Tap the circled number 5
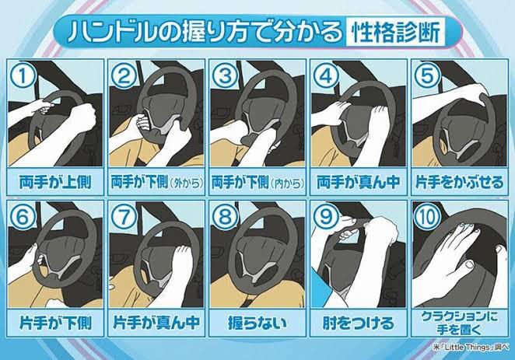tap(427, 75)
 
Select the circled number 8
tap(225, 217)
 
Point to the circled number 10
tap(427, 217)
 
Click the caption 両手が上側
tap(55, 183)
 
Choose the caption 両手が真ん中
tap(359, 183)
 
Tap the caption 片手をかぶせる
tap(460, 183)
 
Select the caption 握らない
tap(257, 323)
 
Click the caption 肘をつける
tap(359, 323)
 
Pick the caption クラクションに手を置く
tap(460, 323)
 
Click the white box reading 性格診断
tap(395, 32)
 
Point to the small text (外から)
tap(187, 183)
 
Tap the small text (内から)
tap(288, 183)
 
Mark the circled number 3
tap(225, 75)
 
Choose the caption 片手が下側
tap(55, 323)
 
